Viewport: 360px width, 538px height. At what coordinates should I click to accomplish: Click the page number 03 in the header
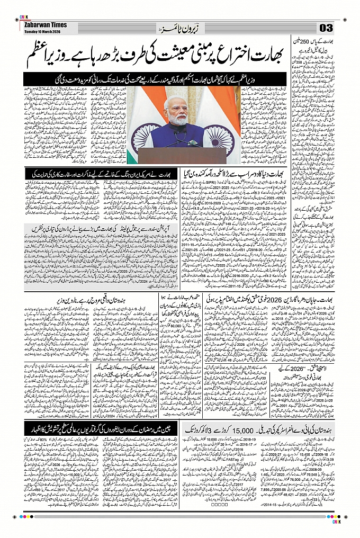326,27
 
